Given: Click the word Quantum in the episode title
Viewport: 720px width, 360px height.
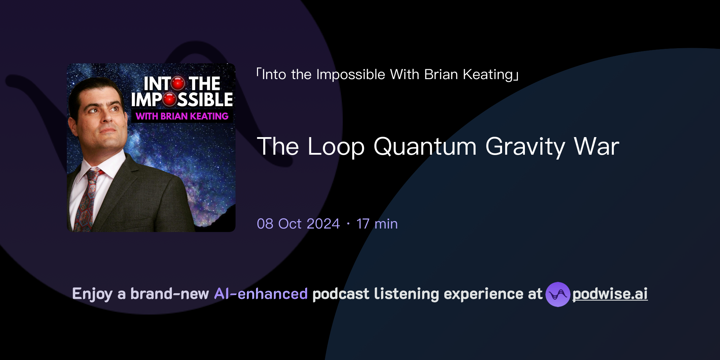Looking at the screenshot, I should pyautogui.click(x=425, y=147).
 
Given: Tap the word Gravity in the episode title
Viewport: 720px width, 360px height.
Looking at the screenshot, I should pyautogui.click(x=525, y=147).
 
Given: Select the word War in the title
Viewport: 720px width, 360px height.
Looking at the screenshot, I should pyautogui.click(x=597, y=147).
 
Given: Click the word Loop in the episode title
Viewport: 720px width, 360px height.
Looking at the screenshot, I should pyautogui.click(x=336, y=147).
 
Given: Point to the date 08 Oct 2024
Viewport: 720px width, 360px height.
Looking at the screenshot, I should pyautogui.click(x=298, y=224).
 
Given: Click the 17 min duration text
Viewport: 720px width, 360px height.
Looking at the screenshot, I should pyautogui.click(x=377, y=224).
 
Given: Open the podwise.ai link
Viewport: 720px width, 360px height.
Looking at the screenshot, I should pyautogui.click(x=610, y=294).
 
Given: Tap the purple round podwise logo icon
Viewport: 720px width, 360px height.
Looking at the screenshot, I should pyautogui.click(x=558, y=294).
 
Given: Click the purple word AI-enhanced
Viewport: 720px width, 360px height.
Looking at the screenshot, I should pyautogui.click(x=261, y=294).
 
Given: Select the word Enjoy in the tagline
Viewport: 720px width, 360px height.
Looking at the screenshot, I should pyautogui.click(x=92, y=294).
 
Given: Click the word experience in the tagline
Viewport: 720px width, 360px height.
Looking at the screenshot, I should pyautogui.click(x=483, y=294).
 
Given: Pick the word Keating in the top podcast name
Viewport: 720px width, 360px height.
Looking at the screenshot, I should pyautogui.click(x=488, y=75).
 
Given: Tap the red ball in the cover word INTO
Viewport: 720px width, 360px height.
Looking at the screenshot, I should pyautogui.click(x=178, y=84).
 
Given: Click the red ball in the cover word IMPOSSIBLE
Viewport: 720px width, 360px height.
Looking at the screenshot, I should pyautogui.click(x=169, y=99).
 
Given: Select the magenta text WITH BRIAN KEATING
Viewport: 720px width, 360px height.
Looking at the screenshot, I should pyautogui.click(x=182, y=116).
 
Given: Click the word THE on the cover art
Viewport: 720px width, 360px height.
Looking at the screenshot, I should pyautogui.click(x=205, y=84).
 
